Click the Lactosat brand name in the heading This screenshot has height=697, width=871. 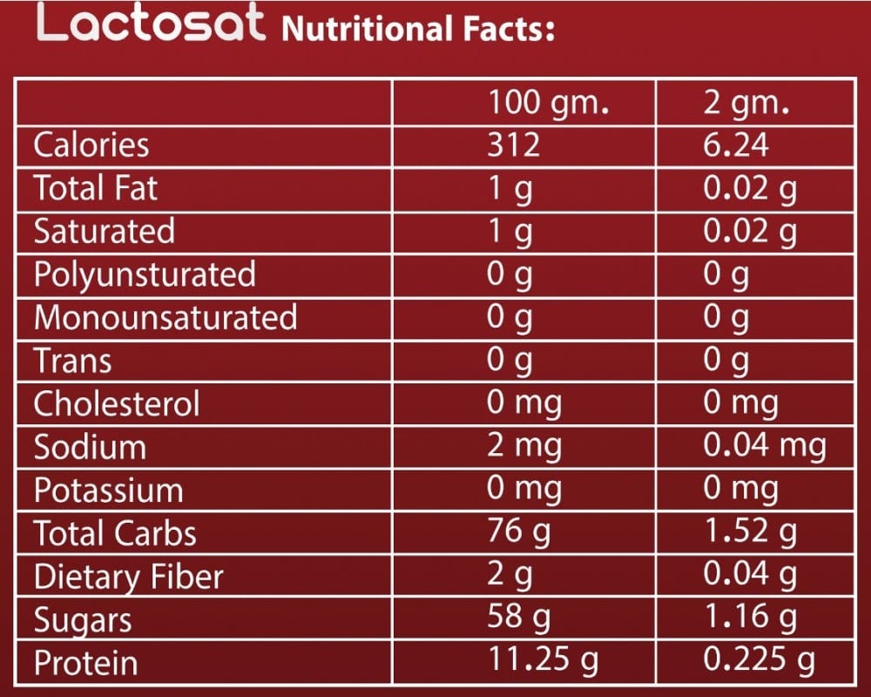(x=151, y=25)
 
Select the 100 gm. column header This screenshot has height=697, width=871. (x=547, y=104)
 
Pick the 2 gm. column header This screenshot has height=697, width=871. (x=746, y=104)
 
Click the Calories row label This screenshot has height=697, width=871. (x=91, y=145)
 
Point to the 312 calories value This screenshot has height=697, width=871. (x=514, y=145)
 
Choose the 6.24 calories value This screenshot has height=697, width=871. (x=736, y=145)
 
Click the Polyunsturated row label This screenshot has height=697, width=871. (x=145, y=274)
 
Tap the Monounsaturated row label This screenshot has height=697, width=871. (x=165, y=317)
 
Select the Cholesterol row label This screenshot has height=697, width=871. (x=117, y=403)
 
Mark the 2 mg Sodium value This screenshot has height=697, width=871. (x=524, y=447)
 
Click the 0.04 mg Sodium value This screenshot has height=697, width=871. (x=764, y=447)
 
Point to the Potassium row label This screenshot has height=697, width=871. (x=109, y=491)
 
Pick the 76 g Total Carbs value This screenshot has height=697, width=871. (x=519, y=531)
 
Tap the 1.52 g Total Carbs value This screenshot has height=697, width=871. (x=749, y=531)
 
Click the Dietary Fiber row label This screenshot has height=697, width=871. (x=128, y=577)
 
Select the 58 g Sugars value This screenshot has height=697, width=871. (x=519, y=619)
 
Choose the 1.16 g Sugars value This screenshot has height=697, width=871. (x=749, y=619)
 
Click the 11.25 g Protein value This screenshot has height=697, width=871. (x=543, y=661)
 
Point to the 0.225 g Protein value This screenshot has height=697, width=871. (x=758, y=661)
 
